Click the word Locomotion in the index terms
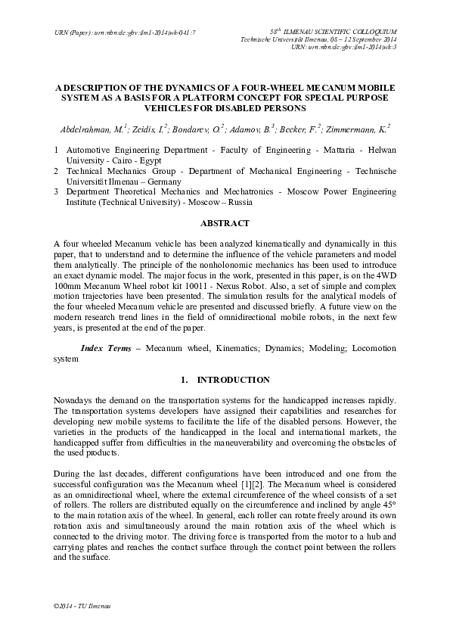(368, 351)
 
